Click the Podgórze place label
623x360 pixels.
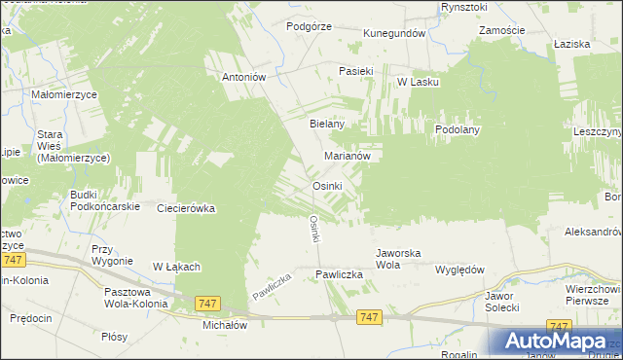tap(310, 27)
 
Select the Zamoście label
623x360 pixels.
tap(502, 31)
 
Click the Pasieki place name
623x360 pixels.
tap(356, 71)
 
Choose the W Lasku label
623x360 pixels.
tap(418, 83)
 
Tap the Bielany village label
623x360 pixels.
tap(327, 125)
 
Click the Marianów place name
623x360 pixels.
tap(347, 155)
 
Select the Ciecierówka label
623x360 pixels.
tap(186, 208)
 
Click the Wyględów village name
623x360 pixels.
tap(459, 270)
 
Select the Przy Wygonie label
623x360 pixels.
tap(111, 255)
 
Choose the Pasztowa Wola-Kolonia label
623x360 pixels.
tap(134, 297)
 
